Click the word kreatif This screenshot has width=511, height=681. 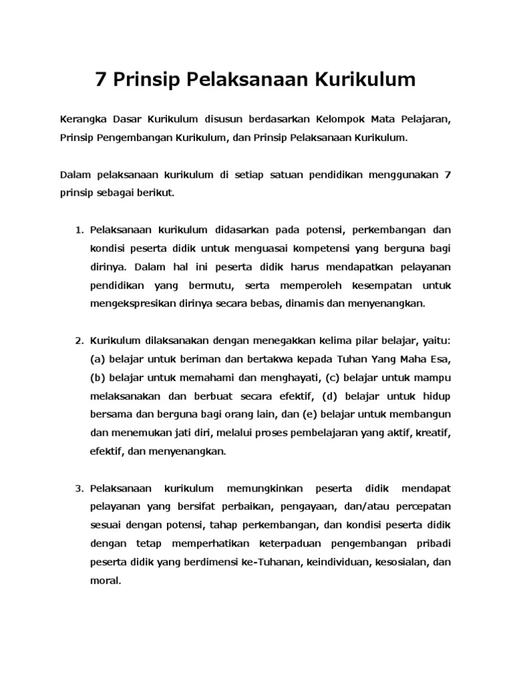pyautogui.click(x=434, y=433)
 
